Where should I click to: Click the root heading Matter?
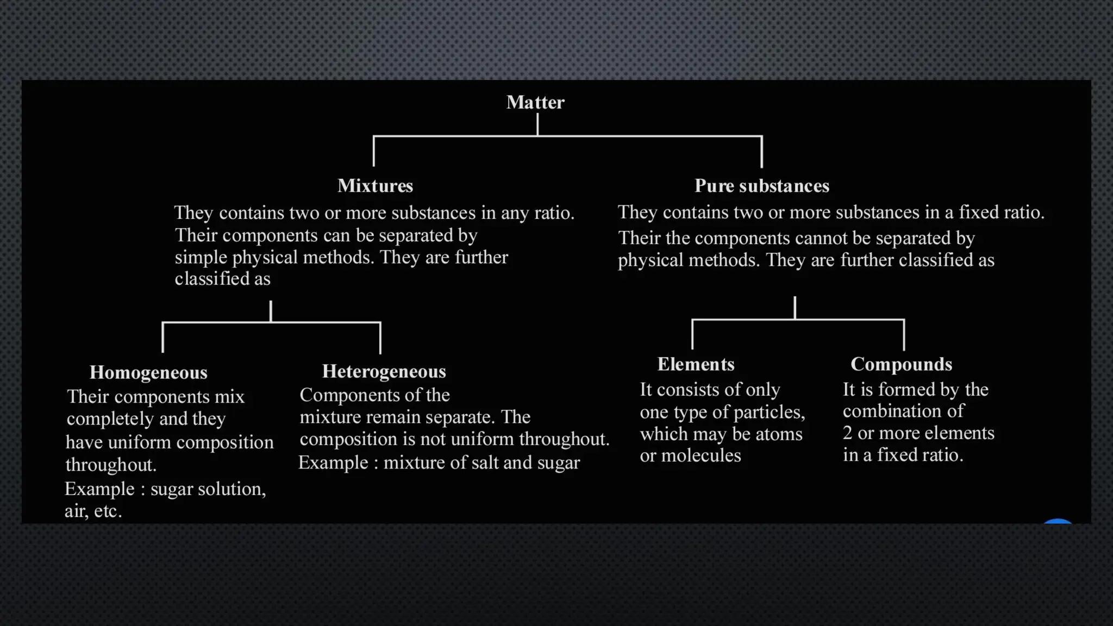click(535, 102)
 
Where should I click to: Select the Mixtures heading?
click(375, 186)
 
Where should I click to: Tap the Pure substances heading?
click(761, 186)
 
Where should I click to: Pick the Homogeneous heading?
click(148, 372)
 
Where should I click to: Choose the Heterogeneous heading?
click(384, 371)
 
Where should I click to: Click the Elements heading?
click(696, 364)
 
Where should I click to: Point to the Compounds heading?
click(901, 364)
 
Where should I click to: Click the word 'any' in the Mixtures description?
click(515, 213)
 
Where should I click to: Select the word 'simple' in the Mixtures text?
click(201, 258)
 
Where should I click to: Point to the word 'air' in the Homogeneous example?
click(76, 511)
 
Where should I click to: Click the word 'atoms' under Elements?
click(778, 434)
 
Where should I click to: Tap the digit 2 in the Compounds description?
click(848, 433)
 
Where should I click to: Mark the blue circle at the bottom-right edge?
click(1058, 522)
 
